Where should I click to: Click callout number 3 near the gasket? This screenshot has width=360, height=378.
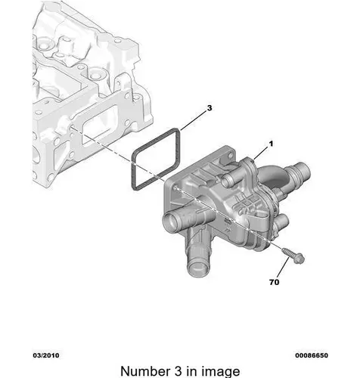pyautogui.click(x=209, y=108)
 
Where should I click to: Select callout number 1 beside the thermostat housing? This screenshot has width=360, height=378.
pyautogui.click(x=271, y=144)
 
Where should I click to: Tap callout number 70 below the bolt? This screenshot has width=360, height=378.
pyautogui.click(x=275, y=282)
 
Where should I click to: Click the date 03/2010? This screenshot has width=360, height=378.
pyautogui.click(x=46, y=355)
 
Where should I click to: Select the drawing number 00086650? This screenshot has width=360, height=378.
pyautogui.click(x=312, y=355)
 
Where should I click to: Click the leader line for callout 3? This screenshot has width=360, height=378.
pyautogui.click(x=194, y=120)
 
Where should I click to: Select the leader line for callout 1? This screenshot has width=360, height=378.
pyautogui.click(x=261, y=153)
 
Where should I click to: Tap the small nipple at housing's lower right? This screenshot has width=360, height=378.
pyautogui.click(x=282, y=222)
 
